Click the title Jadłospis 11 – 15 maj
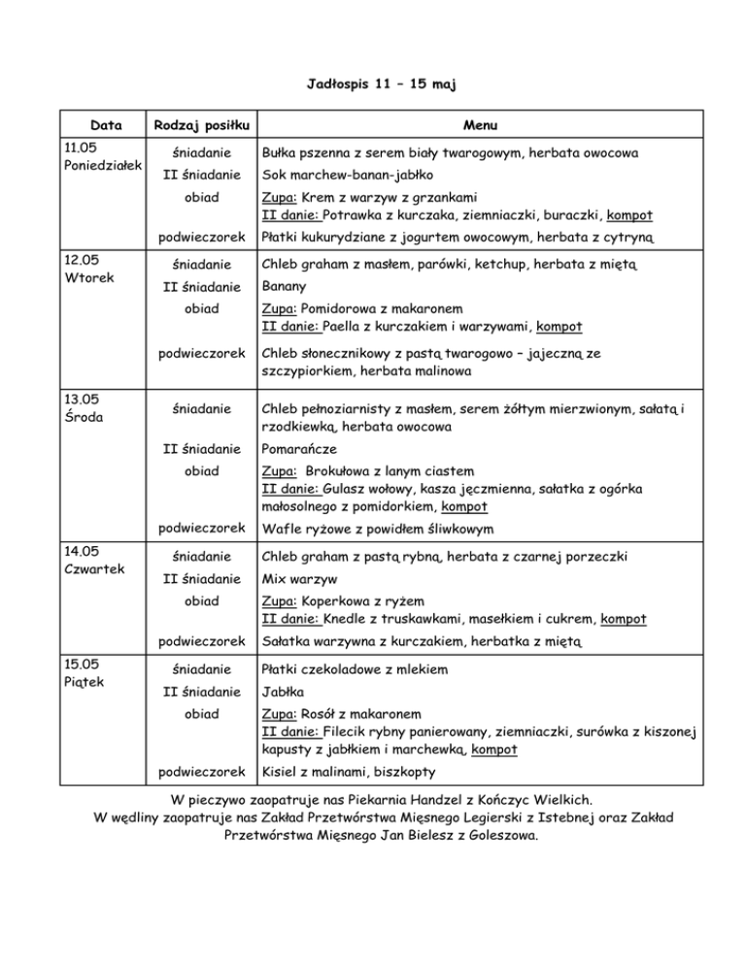click(373, 85)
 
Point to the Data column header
click(105, 124)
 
